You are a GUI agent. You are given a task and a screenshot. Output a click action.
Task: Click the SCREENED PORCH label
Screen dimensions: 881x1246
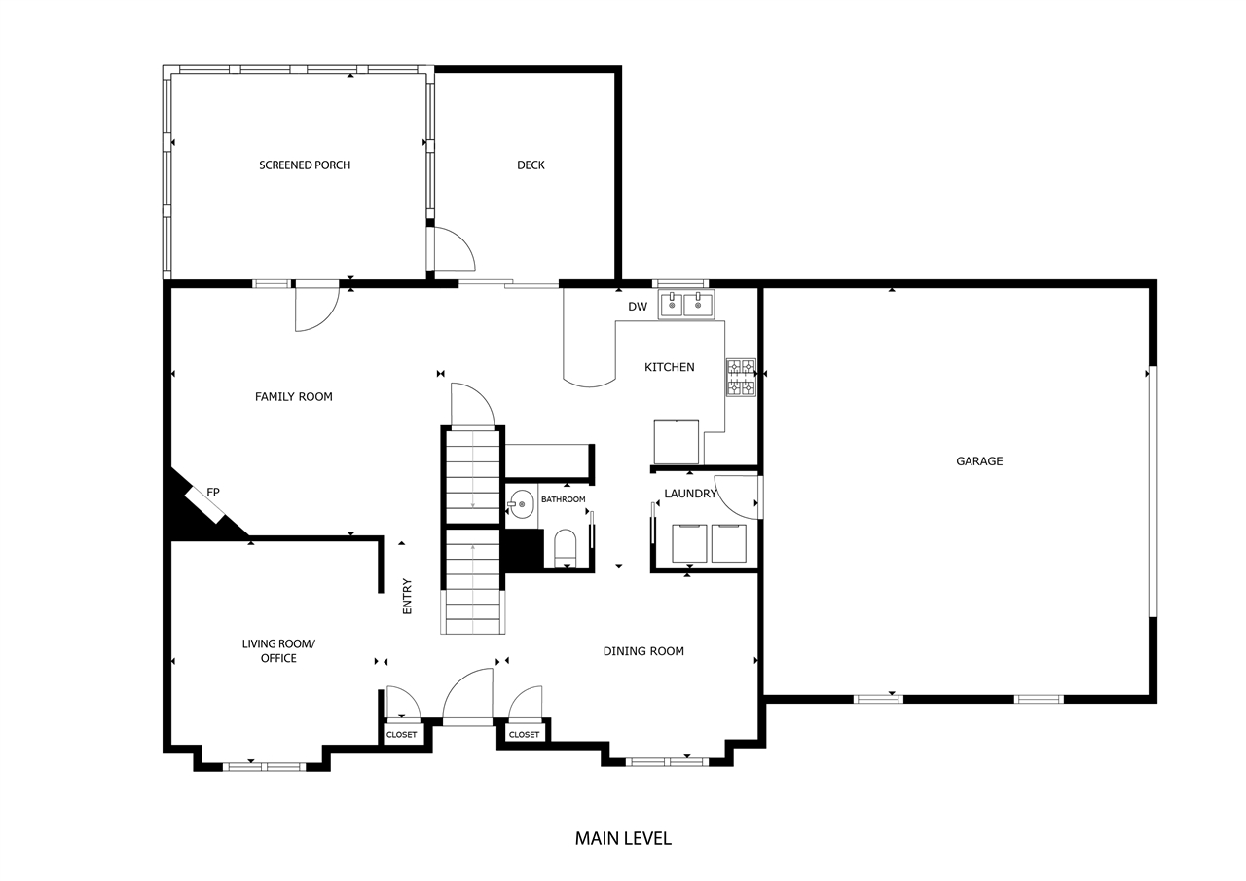coord(304,165)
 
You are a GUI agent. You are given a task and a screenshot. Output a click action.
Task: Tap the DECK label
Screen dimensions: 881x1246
coord(531,165)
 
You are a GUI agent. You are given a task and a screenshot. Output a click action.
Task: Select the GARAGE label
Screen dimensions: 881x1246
coord(978,461)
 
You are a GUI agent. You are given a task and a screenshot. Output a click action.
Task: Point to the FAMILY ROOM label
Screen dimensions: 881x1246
coord(293,397)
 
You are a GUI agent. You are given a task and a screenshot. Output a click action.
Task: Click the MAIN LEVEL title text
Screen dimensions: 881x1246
coord(623,838)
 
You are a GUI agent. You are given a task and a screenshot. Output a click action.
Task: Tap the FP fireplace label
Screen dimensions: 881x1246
coord(213,493)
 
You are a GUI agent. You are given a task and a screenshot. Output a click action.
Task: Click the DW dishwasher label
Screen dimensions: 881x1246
coord(638,308)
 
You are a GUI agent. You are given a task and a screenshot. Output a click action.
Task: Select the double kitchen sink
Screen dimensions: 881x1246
coord(686,305)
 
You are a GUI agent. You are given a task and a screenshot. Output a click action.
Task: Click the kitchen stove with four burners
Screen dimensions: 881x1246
coord(741,378)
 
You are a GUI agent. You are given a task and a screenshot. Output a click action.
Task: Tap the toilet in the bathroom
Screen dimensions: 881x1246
coord(566,547)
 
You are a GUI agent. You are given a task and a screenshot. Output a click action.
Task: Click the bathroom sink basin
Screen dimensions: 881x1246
coord(521,504)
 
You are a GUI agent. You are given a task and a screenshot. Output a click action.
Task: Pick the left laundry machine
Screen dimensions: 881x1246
coord(690,542)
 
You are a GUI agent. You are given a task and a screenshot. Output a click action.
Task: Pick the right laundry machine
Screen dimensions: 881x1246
coord(728,542)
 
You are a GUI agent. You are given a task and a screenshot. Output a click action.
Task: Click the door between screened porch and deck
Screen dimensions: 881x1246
coord(452,249)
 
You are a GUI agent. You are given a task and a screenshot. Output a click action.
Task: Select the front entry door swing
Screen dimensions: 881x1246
coord(469,697)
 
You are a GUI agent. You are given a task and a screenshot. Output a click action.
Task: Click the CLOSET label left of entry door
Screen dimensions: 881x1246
coord(401,735)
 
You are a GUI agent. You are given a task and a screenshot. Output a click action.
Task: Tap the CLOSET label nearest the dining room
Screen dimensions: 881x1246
coord(524,735)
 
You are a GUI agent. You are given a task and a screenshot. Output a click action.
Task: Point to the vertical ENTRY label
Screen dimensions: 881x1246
coord(407,596)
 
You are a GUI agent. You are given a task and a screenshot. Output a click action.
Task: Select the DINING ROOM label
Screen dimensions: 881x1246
coord(642,651)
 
